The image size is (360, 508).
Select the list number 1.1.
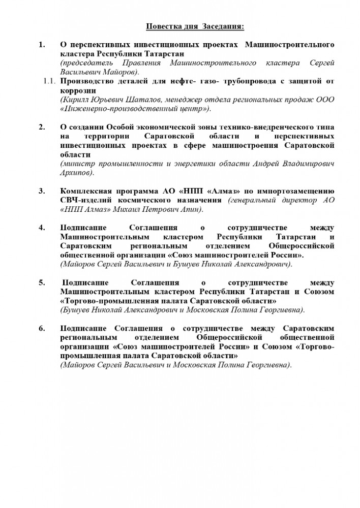click(x=50, y=80)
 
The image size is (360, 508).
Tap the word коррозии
click(x=76, y=89)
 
